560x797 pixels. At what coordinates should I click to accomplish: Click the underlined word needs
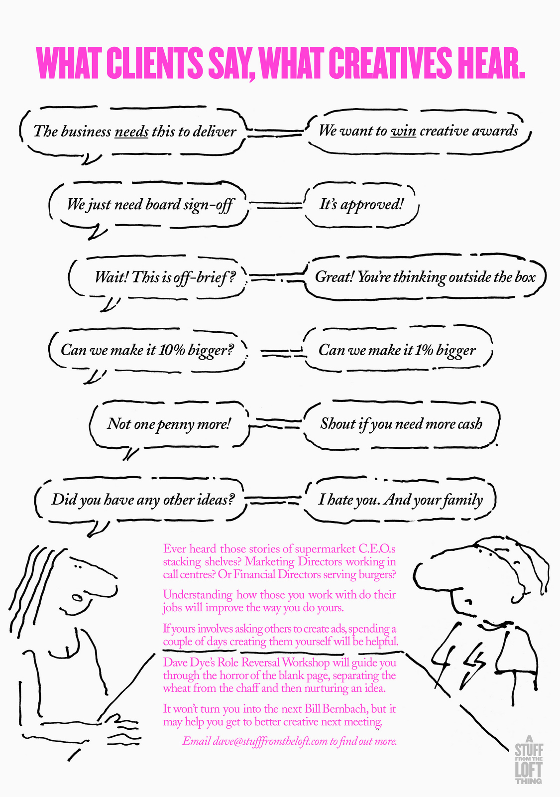[131, 132]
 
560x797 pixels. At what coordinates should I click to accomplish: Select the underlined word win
[403, 131]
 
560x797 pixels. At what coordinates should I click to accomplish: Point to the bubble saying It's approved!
[361, 204]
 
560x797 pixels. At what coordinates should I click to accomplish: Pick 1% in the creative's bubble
[424, 350]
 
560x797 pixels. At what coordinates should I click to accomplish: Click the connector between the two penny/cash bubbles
[275, 425]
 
